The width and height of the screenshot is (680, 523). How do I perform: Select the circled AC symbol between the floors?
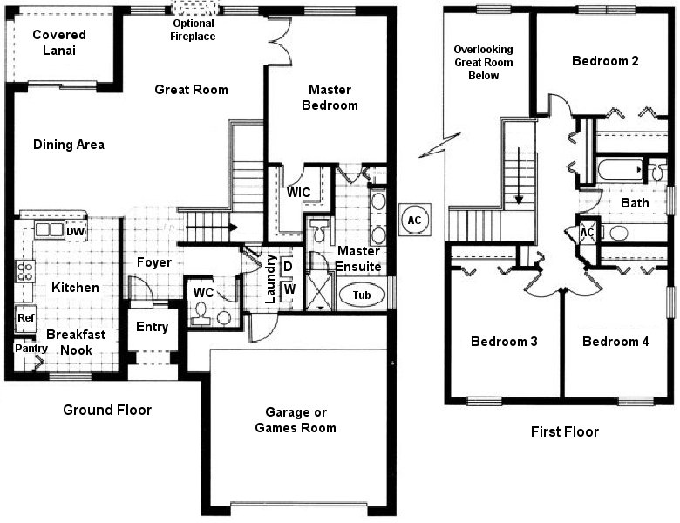click(414, 220)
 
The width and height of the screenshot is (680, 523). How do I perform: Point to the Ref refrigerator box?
click(25, 318)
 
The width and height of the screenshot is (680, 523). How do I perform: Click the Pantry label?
click(25, 348)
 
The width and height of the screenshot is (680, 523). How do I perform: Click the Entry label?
click(153, 328)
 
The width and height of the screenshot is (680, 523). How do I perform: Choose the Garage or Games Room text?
click(295, 420)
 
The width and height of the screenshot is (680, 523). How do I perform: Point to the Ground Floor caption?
click(107, 410)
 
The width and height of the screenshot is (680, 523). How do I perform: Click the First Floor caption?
click(565, 431)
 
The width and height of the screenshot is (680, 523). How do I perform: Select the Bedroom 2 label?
click(605, 61)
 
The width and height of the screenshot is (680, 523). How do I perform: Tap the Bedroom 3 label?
click(503, 342)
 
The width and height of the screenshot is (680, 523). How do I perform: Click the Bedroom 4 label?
click(615, 342)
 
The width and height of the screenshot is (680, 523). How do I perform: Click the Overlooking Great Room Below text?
click(483, 63)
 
